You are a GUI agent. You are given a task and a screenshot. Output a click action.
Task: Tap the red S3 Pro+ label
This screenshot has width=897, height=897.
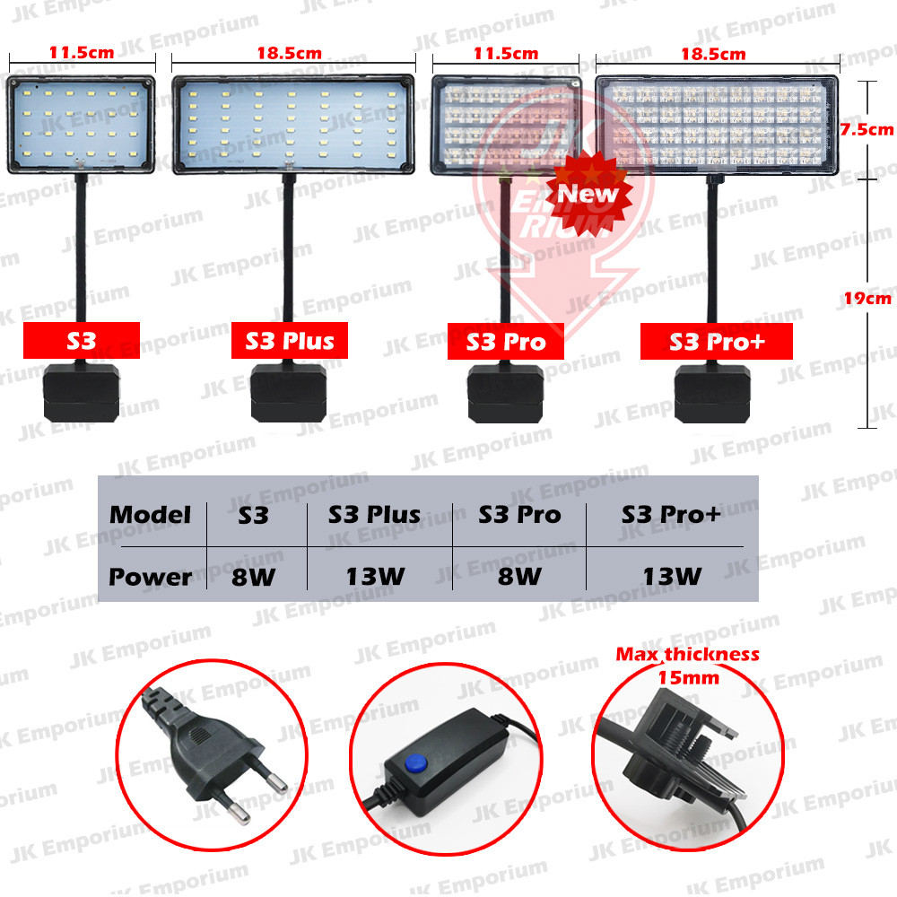coord(718,341)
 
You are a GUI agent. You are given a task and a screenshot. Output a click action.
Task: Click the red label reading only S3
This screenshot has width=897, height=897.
coord(82,341)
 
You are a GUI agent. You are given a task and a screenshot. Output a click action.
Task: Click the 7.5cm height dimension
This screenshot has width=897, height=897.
coord(866,129)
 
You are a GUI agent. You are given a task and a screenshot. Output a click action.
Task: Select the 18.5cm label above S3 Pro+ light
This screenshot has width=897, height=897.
coord(713,54)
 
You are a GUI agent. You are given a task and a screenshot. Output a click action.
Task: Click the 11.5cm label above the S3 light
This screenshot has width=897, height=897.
coord(82,52)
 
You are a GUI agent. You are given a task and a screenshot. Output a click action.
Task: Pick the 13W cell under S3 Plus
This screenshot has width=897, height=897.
coord(375,576)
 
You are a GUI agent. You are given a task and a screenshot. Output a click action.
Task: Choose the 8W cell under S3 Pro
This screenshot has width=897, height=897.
coord(519,576)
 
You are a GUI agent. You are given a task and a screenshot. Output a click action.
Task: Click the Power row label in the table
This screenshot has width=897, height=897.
coord(150,576)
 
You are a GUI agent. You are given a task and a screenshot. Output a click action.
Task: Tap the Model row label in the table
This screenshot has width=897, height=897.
coord(150,515)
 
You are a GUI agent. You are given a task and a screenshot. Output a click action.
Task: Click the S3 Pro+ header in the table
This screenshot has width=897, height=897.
coord(670,515)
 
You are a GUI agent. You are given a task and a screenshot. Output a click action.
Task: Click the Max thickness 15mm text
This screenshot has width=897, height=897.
coord(687,665)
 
